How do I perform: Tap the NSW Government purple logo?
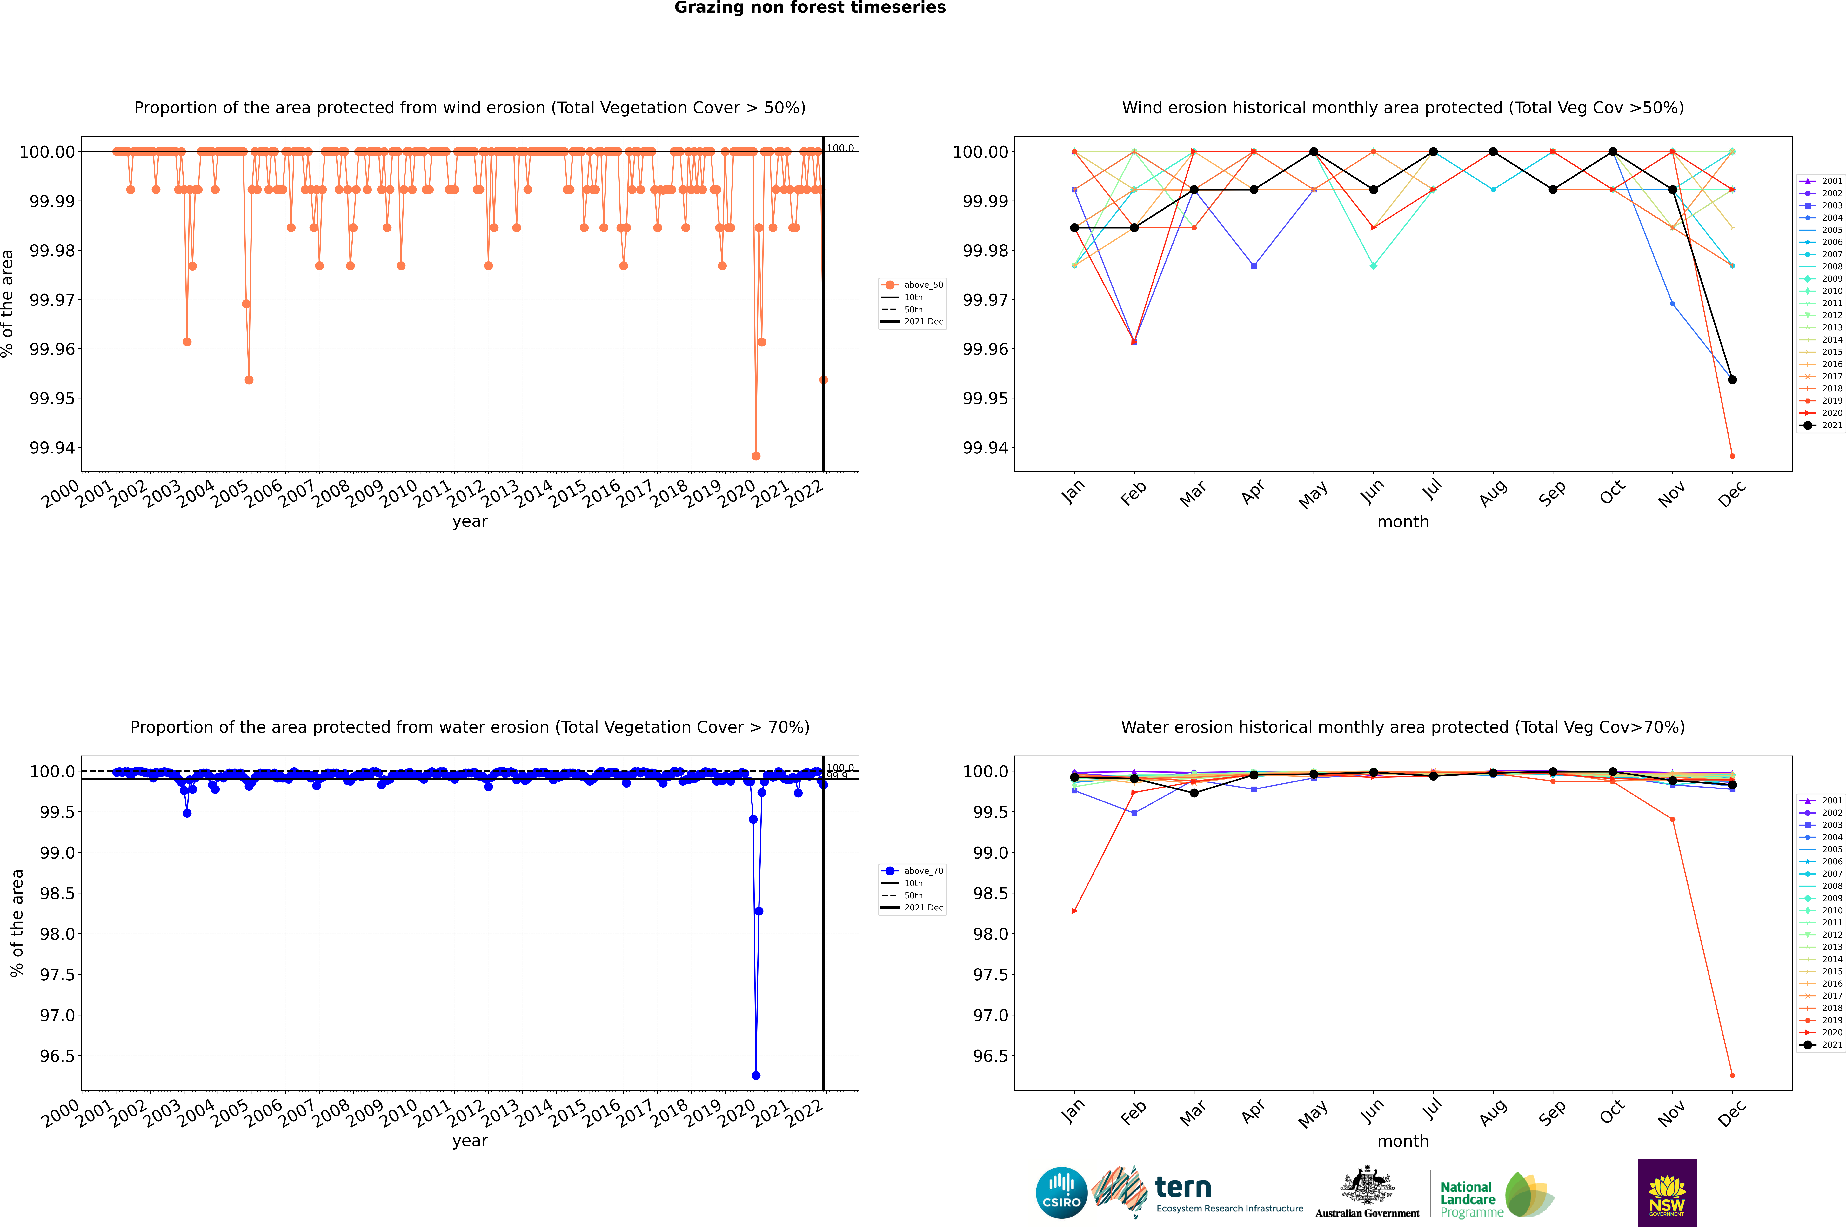(x=1667, y=1193)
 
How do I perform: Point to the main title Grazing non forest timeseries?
(x=810, y=8)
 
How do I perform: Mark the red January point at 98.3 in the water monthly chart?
(x=1074, y=911)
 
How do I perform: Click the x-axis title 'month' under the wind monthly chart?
(x=1402, y=522)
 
